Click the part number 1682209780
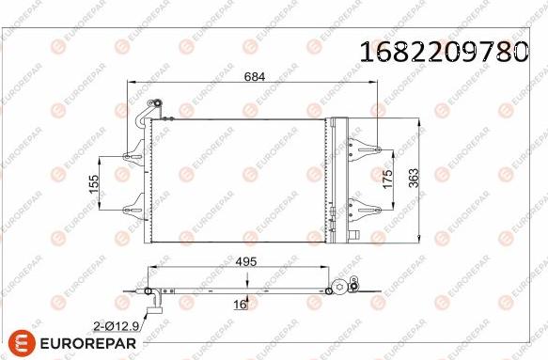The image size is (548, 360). coord(444,52)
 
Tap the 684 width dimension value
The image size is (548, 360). coord(255,76)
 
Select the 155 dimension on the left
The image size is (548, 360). coord(94,184)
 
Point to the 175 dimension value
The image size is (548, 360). coord(388,179)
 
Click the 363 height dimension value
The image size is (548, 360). coord(414,178)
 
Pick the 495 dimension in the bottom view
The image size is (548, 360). coord(246,261)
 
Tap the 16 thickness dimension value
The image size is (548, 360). coord(240,305)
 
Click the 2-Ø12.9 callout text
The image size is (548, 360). coord(116,326)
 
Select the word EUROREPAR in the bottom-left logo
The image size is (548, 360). coord(88,343)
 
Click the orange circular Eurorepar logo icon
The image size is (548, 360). coord(22,342)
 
